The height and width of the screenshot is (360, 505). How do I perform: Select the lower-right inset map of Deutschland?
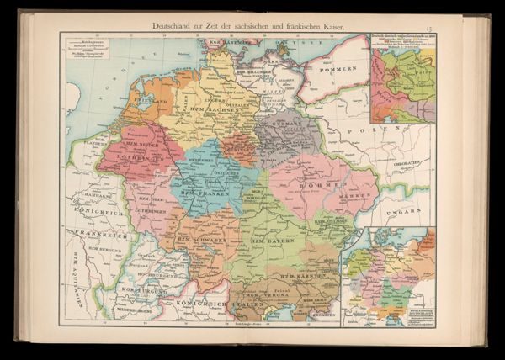point(388,276)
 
